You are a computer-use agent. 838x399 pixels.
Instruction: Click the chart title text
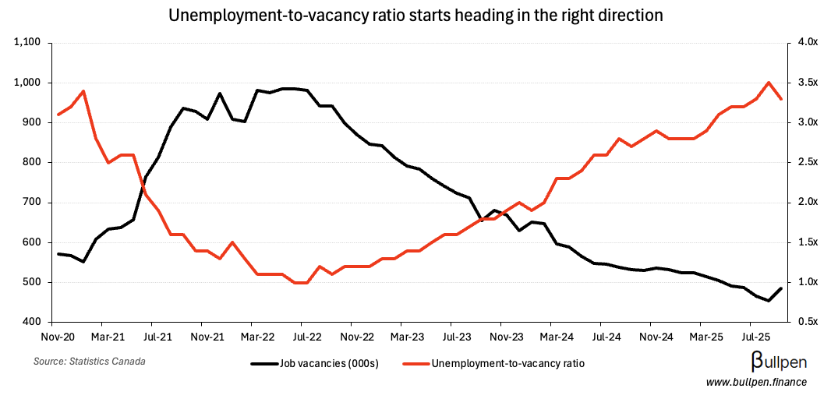coord(418,15)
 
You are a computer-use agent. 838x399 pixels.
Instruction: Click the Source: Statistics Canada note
coord(90,362)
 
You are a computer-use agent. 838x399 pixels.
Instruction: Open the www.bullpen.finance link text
coord(756,382)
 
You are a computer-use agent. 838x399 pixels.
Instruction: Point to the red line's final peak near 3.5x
coord(769,83)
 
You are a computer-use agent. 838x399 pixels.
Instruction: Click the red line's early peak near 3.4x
coord(83,91)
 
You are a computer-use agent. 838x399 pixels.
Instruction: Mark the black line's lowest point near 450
coord(769,301)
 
